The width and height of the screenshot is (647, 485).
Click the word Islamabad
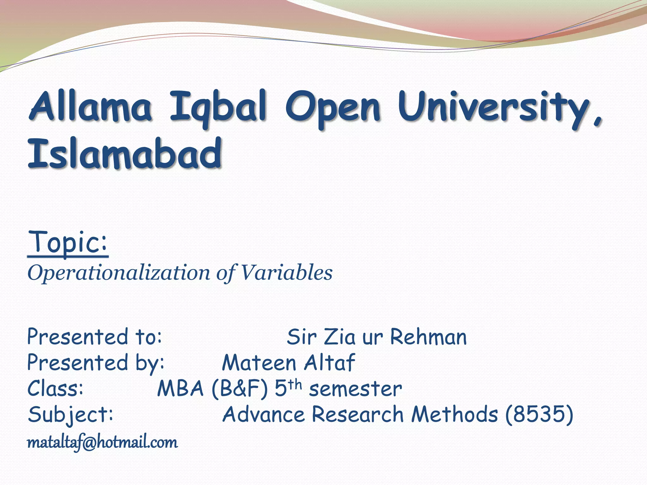pos(125,154)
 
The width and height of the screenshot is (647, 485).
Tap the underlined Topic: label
pos(68,242)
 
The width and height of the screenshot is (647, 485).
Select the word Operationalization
pos(119,273)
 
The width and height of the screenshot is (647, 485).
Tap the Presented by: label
pos(96,363)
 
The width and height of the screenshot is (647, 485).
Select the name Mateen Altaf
pos(288,363)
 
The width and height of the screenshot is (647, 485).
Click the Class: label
pos(56,388)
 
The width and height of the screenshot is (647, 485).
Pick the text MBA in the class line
pos(180,388)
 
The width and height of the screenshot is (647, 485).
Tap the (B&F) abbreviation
pos(240,388)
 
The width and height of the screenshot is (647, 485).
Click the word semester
pos(355,389)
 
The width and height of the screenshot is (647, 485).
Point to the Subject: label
pos(70,415)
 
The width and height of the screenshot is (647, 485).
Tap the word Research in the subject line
pos(358,414)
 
